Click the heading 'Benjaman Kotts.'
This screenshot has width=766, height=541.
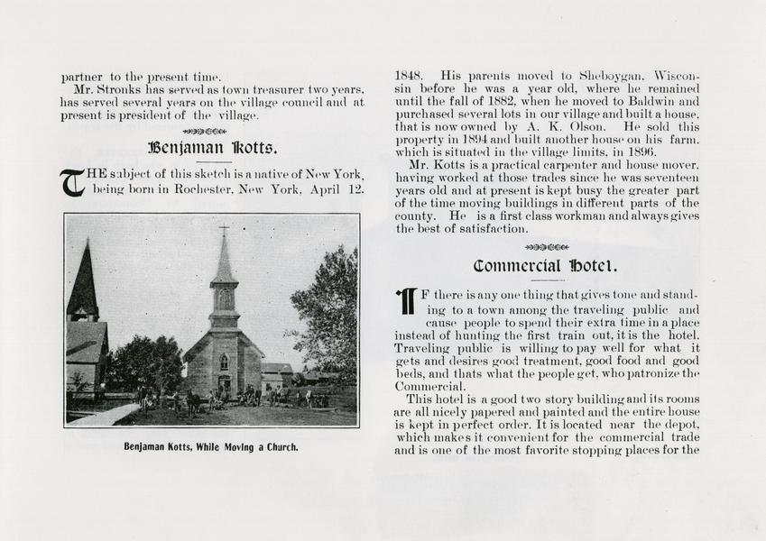pyautogui.click(x=212, y=147)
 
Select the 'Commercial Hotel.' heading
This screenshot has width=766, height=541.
pyautogui.click(x=546, y=266)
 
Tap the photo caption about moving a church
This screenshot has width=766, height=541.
pyautogui.click(x=211, y=446)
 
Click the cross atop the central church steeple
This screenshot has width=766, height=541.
pyautogui.click(x=223, y=231)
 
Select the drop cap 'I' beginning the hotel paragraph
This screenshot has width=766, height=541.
pyautogui.click(x=406, y=301)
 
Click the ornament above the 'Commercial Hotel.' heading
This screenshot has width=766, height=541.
pyautogui.click(x=546, y=247)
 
